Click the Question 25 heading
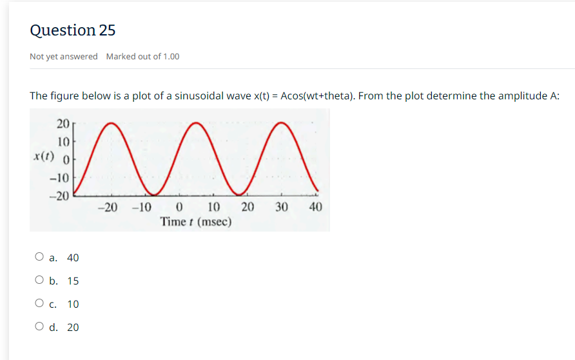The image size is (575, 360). point(73,30)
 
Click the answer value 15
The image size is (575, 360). point(73,281)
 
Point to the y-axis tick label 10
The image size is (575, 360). point(63,141)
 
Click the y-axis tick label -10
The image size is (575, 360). point(60,177)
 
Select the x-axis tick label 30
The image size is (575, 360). point(281,208)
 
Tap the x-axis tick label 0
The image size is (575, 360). point(180,208)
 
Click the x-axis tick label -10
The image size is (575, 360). point(141,208)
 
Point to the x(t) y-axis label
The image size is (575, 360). point(44,157)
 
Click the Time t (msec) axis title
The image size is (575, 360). point(197,222)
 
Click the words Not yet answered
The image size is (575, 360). point(64,57)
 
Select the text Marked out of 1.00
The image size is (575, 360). point(142,57)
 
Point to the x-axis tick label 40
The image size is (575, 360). point(315,208)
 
